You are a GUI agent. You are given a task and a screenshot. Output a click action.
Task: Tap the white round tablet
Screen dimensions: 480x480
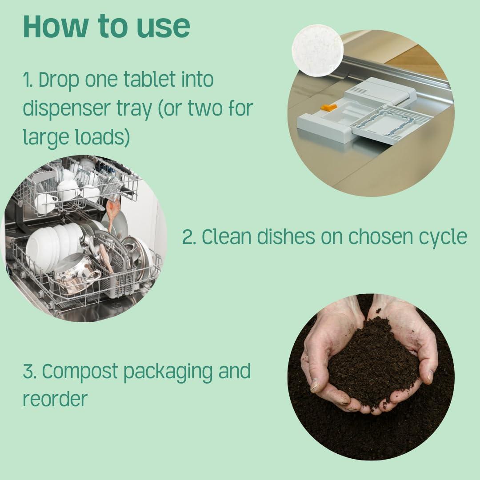(x=317, y=50)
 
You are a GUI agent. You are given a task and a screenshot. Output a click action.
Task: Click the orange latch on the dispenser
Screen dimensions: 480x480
(x=328, y=107)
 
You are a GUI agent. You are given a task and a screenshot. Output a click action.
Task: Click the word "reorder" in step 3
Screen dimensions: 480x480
(x=55, y=399)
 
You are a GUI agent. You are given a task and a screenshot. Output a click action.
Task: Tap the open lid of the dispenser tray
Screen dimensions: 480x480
(x=391, y=124)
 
